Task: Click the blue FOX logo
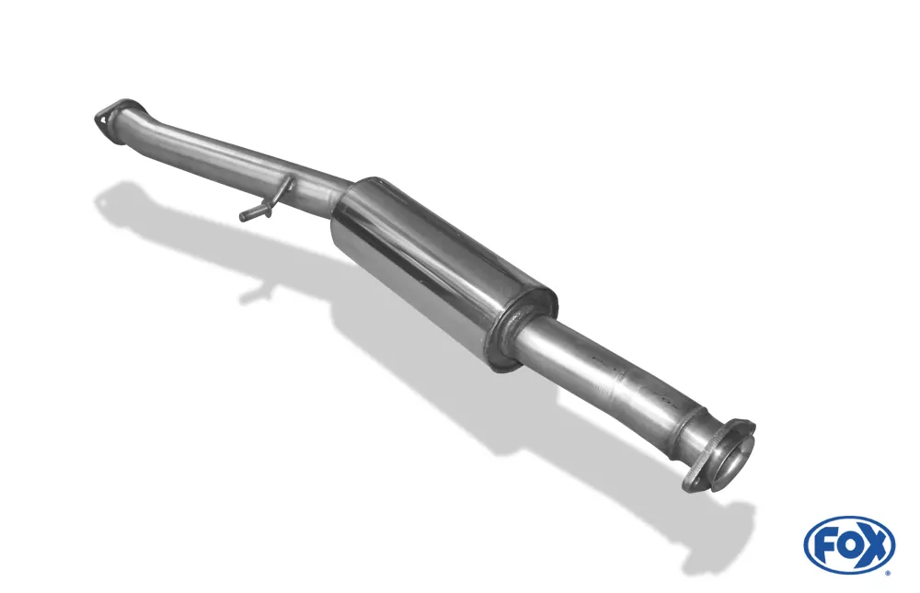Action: click(x=849, y=545)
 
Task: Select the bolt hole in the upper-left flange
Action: click(x=103, y=120)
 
